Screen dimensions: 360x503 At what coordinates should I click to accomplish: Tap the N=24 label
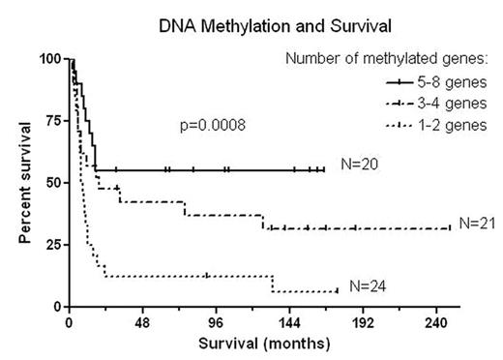click(x=368, y=285)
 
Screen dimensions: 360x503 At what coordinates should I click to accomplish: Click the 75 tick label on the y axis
click(x=52, y=121)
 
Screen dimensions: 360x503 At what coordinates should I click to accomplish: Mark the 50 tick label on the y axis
click(x=52, y=183)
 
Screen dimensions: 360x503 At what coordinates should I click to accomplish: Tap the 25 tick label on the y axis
click(x=52, y=245)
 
